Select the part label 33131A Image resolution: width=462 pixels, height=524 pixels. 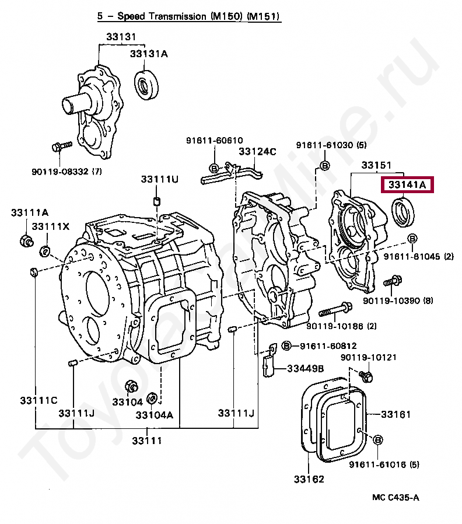click(149, 54)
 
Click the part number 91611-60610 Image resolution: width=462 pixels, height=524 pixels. click(214, 141)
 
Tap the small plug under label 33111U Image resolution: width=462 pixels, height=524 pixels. click(156, 201)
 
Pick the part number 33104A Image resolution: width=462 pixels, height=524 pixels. click(155, 415)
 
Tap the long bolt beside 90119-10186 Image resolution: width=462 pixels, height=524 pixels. click(334, 308)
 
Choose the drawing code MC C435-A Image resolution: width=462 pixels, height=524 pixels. click(396, 497)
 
